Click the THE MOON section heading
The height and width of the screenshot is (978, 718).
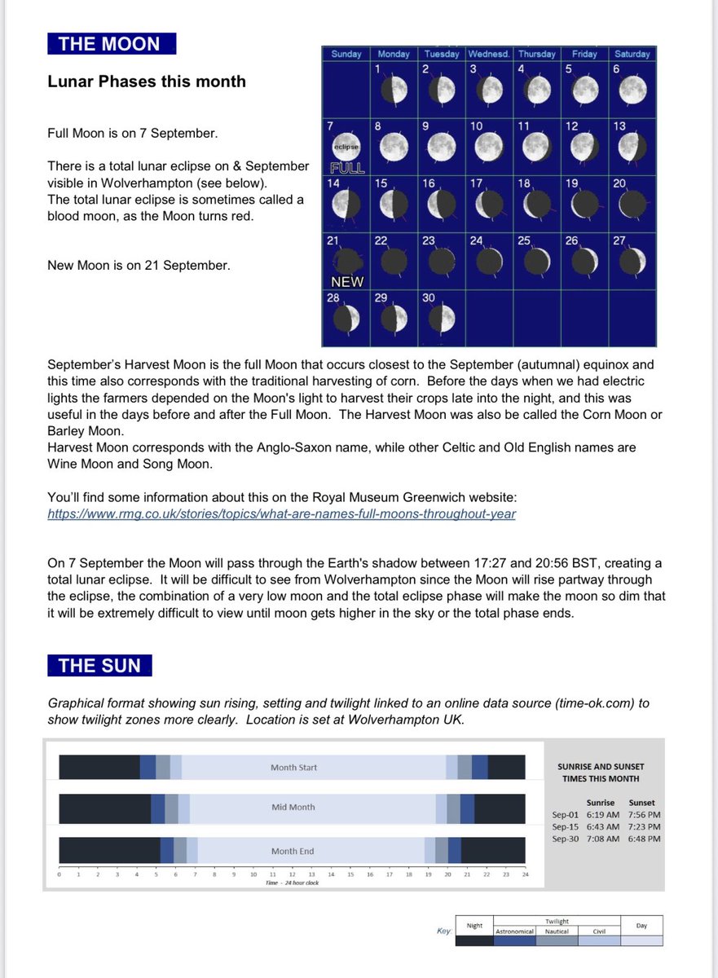111,44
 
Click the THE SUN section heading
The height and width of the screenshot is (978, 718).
99,665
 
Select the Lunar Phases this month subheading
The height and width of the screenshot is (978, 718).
147,81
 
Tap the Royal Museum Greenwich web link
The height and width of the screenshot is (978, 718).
281,513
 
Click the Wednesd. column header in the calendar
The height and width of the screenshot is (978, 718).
489,54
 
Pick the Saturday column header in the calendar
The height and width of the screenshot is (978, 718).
632,54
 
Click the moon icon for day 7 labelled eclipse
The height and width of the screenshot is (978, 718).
345,148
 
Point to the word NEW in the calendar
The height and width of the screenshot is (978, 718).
346,281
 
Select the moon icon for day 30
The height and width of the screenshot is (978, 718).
441,319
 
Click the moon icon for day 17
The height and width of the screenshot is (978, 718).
490,205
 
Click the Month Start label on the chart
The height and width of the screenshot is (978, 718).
293,768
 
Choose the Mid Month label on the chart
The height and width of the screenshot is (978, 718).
293,807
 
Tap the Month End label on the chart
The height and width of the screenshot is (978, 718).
293,851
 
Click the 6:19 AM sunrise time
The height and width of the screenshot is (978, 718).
602,814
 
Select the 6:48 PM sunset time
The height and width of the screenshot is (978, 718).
644,838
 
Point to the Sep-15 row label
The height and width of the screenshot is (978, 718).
566,826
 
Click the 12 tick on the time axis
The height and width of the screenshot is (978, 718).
292,874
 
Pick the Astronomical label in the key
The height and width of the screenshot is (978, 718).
515,931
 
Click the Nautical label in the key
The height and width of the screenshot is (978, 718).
557,931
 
